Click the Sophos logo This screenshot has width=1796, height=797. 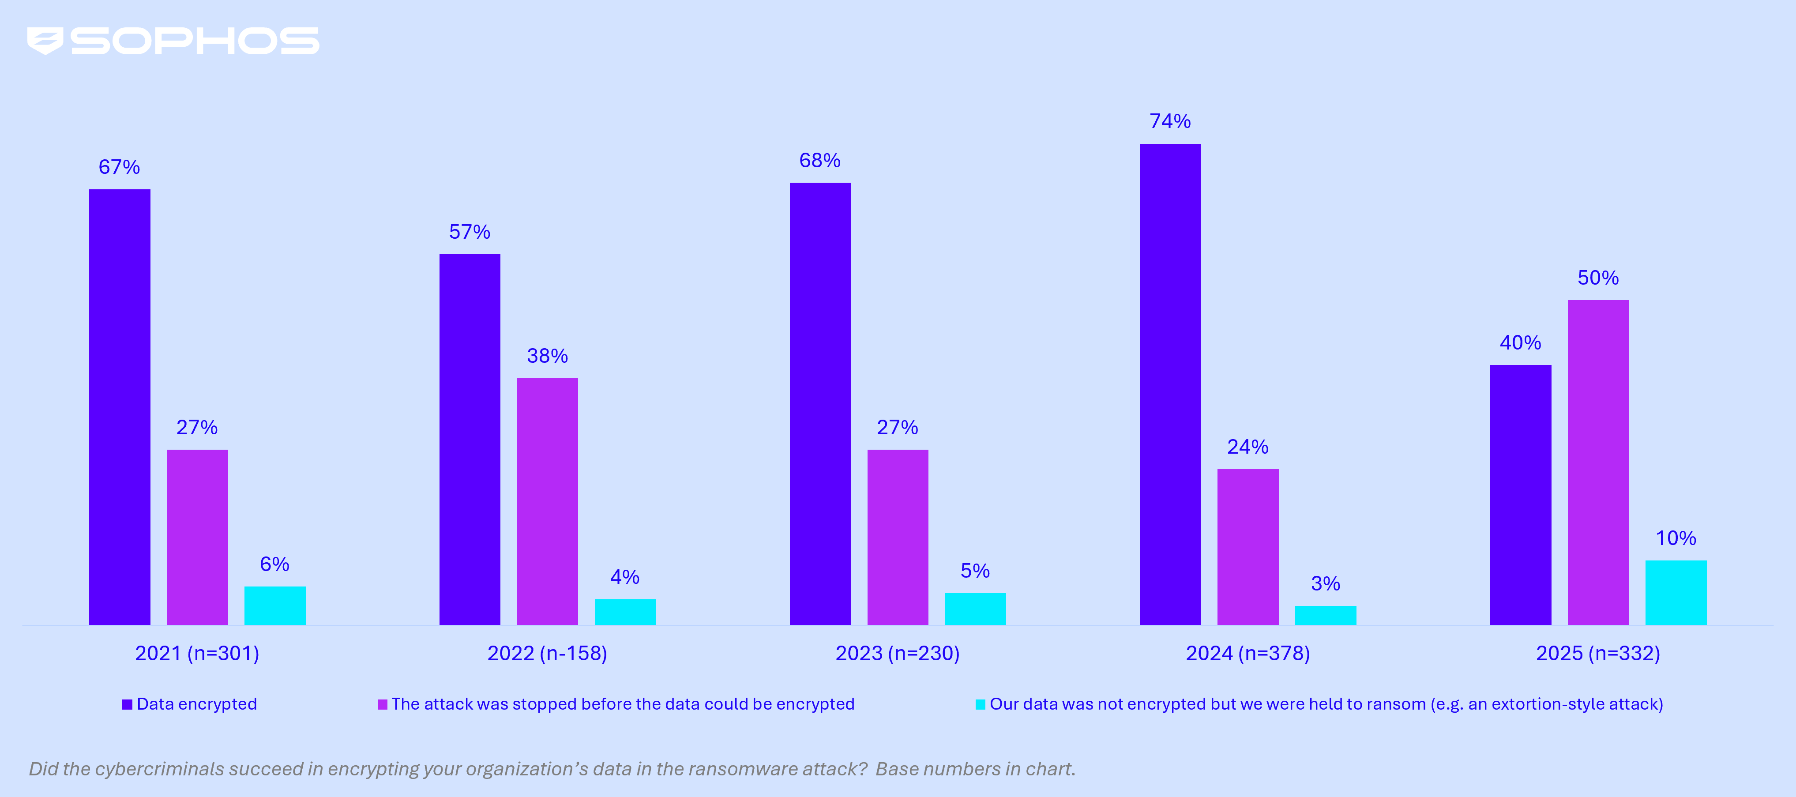click(x=173, y=41)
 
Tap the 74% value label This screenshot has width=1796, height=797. click(x=1170, y=121)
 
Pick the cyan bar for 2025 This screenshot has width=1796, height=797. click(x=1676, y=592)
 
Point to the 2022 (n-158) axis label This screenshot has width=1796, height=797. click(x=547, y=654)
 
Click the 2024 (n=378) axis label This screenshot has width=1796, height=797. click(x=1247, y=654)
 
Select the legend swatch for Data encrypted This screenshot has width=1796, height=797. click(x=127, y=704)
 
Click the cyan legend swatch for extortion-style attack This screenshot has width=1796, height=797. click(x=980, y=704)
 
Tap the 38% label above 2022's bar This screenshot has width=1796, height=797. click(x=547, y=356)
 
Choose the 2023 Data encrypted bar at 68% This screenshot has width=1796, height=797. click(x=820, y=403)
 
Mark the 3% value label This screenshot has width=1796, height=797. click(x=1325, y=584)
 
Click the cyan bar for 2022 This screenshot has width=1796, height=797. click(x=625, y=612)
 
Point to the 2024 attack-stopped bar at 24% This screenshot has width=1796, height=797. click(x=1247, y=547)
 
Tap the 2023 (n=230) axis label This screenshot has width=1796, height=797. click(x=897, y=654)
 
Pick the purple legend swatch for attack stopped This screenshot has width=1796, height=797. click(x=382, y=704)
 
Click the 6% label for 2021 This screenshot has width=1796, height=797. click(x=275, y=564)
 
